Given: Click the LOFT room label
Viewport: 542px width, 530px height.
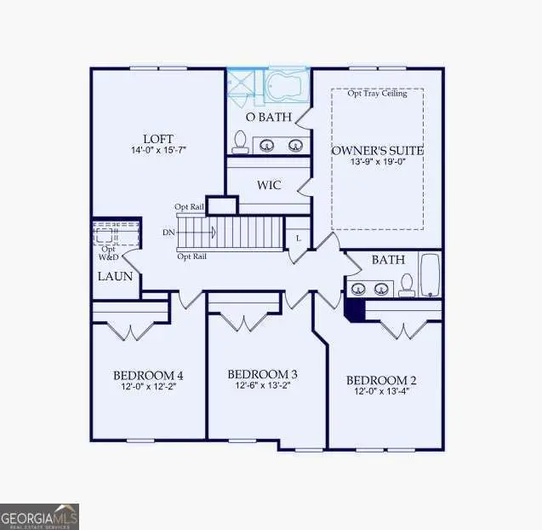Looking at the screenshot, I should tap(158, 137).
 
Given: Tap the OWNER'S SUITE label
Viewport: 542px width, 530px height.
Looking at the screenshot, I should tap(377, 151).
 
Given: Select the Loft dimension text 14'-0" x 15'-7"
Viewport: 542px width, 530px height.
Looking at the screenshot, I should tap(158, 150).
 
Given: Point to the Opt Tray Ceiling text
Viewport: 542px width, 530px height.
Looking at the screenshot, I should tap(377, 94).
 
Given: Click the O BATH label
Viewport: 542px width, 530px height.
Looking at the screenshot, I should tap(268, 116).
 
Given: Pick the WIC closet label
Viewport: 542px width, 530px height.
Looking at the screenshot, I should tap(269, 184).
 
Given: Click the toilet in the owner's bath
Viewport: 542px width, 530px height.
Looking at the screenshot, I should tap(240, 141).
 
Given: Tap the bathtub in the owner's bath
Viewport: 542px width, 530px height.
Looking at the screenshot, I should tap(288, 86).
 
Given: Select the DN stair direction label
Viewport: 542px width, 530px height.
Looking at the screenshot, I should tap(169, 232).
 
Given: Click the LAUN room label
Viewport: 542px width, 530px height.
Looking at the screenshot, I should tap(114, 276).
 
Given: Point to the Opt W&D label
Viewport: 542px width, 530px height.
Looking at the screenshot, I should tap(109, 252).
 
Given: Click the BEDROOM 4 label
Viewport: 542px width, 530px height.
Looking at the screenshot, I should tap(148, 375).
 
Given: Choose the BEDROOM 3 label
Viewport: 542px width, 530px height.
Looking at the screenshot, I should tap(262, 374).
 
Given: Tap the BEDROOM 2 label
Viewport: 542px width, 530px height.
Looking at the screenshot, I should tap(380, 380).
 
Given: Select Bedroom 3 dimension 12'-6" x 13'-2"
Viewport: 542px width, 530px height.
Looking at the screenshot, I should tap(262, 386).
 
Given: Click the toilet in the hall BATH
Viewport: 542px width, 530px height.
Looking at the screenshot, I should tap(408, 284).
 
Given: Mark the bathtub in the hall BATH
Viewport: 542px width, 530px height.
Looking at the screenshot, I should tap(431, 274).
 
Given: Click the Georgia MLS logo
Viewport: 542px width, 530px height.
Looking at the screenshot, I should tap(40, 516).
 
